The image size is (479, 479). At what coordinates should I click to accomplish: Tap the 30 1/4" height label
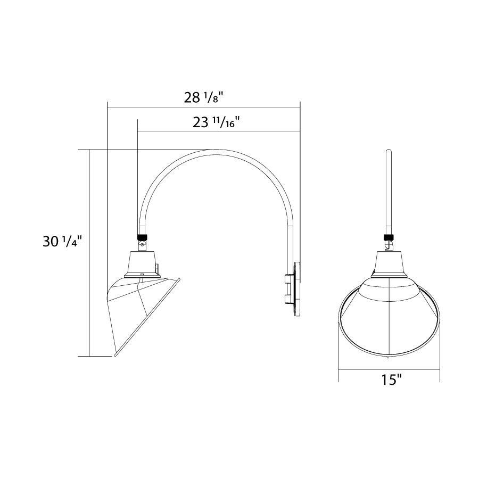tap(63, 242)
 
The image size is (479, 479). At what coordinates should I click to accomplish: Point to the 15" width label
tap(391, 379)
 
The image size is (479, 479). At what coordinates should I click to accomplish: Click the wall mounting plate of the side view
tap(297, 289)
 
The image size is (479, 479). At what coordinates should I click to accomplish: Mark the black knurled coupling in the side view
tap(142, 237)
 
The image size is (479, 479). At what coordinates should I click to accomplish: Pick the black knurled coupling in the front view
tap(389, 237)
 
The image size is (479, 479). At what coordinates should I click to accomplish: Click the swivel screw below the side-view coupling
tap(142, 244)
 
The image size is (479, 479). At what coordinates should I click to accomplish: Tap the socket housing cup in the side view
tap(143, 264)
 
